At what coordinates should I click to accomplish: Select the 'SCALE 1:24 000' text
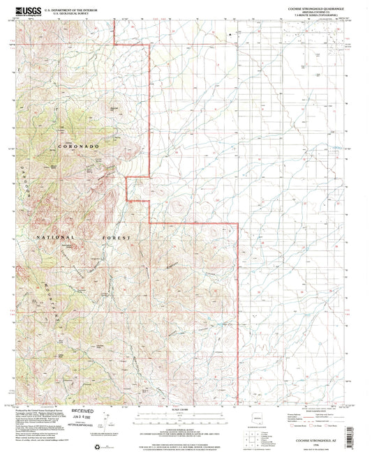pos(183,408)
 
